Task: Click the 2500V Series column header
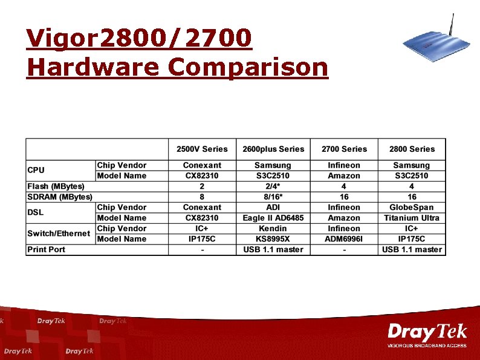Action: click(x=202, y=149)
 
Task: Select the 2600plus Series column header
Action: click(x=273, y=149)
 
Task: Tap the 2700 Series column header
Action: click(x=344, y=149)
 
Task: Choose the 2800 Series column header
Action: click(x=412, y=149)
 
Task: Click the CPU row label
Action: click(x=36, y=170)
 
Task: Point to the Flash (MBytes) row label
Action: click(x=56, y=186)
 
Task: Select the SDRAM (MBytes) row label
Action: click(x=59, y=197)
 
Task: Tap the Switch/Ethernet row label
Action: click(x=59, y=234)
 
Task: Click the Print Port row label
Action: click(x=46, y=249)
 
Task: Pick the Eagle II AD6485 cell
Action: click(x=273, y=218)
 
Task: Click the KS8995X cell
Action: click(x=273, y=239)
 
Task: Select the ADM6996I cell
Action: click(x=344, y=239)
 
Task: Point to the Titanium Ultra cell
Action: click(x=412, y=218)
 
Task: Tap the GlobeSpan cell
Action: click(x=412, y=208)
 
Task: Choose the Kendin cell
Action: click(x=273, y=229)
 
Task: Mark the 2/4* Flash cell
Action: click(x=273, y=186)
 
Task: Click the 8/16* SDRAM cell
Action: click(x=273, y=197)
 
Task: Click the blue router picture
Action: click(x=430, y=45)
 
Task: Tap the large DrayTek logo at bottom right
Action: click(x=427, y=333)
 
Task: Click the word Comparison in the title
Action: click(x=248, y=67)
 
